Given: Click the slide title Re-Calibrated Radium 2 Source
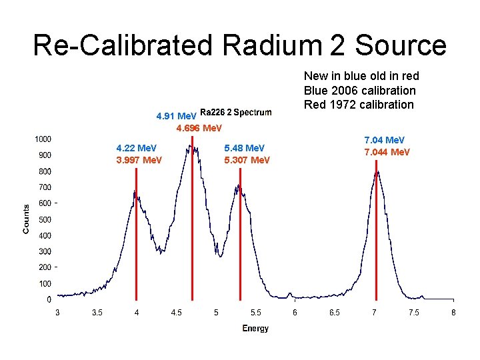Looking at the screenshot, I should (239, 45).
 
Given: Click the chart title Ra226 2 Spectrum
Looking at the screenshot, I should (235, 112).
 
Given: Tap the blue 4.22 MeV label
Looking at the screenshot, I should (136, 147).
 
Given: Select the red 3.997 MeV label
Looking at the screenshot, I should (139, 160).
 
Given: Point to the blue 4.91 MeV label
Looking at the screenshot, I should (176, 116).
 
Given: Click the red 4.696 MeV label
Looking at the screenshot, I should (199, 127).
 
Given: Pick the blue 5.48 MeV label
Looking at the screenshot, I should (245, 147).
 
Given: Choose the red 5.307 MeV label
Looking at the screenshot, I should (247, 160).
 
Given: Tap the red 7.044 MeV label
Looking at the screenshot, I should (387, 153).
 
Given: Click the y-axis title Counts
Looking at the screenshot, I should (26, 219).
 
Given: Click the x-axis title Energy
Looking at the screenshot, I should (255, 328).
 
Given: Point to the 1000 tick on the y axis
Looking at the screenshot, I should (43, 139).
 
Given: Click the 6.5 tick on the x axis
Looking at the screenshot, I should (335, 312).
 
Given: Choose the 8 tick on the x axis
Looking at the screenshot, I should (453, 312).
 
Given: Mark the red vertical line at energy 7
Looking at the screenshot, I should (376, 233).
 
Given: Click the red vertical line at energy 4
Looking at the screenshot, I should (136, 233).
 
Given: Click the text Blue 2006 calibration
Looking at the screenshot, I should (359, 90).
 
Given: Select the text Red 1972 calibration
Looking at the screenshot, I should (359, 104).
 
